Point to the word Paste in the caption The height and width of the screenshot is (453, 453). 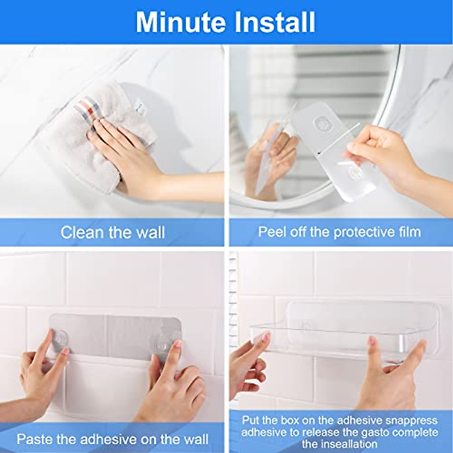[x=35, y=439]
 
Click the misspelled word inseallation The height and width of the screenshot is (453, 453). [x=339, y=444]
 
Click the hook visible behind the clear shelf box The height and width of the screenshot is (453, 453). [x=305, y=325]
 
